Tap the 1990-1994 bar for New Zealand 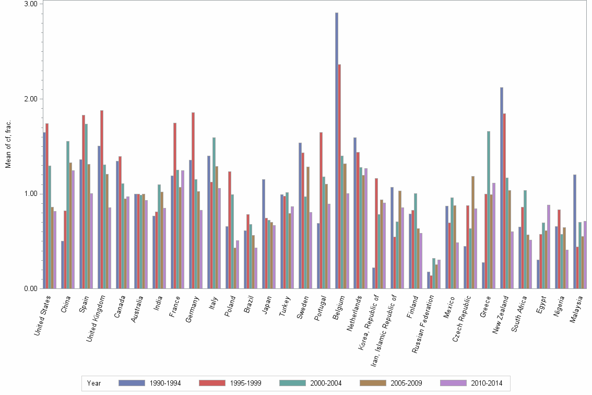tap(502, 188)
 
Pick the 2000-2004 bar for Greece tap(489, 210)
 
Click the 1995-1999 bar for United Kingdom tap(102, 199)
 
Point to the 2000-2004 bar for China tap(68, 215)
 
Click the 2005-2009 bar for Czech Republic tap(473, 232)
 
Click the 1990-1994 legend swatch tap(132, 383)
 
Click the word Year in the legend tap(94, 383)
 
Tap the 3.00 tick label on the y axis tap(31, 4)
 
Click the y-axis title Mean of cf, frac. tap(8, 144)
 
